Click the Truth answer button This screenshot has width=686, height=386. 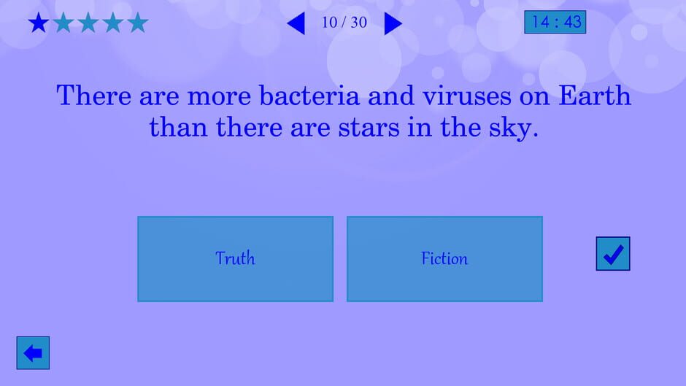coord(235,258)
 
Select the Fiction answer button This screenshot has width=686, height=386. coord(444,258)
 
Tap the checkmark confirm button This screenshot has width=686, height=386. coord(613,254)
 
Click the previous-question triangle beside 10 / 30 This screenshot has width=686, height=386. coord(296,23)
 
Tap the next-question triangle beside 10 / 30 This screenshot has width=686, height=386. coord(393,23)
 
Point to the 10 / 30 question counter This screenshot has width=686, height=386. coord(344,23)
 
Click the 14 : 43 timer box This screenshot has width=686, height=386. coord(555,22)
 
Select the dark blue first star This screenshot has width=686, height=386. coord(38,23)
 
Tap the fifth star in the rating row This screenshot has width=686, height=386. coord(137,23)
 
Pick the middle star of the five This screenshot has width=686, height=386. coord(88,23)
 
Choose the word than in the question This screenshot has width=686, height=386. coord(175,128)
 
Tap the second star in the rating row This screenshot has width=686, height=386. coord(63,23)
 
